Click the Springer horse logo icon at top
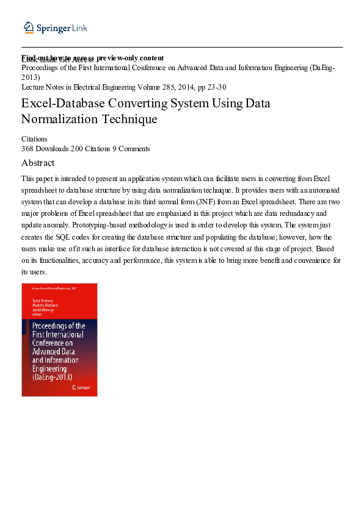tap(27, 27)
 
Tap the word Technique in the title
tap(131, 119)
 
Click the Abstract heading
tap(38, 163)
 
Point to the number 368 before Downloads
tap(27, 148)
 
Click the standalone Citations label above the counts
tap(34, 139)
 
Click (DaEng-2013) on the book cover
tap(52, 377)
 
